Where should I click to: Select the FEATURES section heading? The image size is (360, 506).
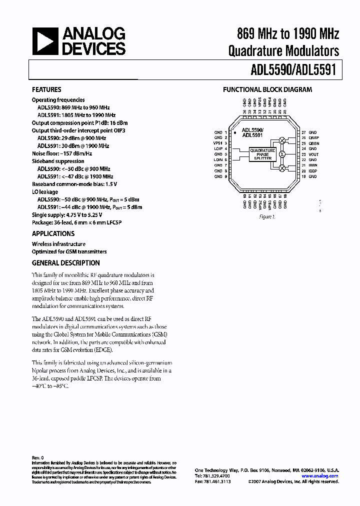[46, 90]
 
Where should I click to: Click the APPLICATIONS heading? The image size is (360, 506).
[53, 233]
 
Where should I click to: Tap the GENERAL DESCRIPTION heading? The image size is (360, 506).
[65, 263]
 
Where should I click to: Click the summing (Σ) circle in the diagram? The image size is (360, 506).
[281, 154]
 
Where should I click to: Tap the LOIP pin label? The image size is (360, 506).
[218, 148]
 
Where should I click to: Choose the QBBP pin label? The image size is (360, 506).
[314, 137]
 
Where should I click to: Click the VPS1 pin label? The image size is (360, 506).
[218, 143]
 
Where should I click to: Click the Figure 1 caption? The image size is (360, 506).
[266, 217]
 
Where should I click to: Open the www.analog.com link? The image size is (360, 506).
[320, 476]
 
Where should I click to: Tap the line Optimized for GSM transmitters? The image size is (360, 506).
[69, 251]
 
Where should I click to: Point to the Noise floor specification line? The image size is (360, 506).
[63, 154]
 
